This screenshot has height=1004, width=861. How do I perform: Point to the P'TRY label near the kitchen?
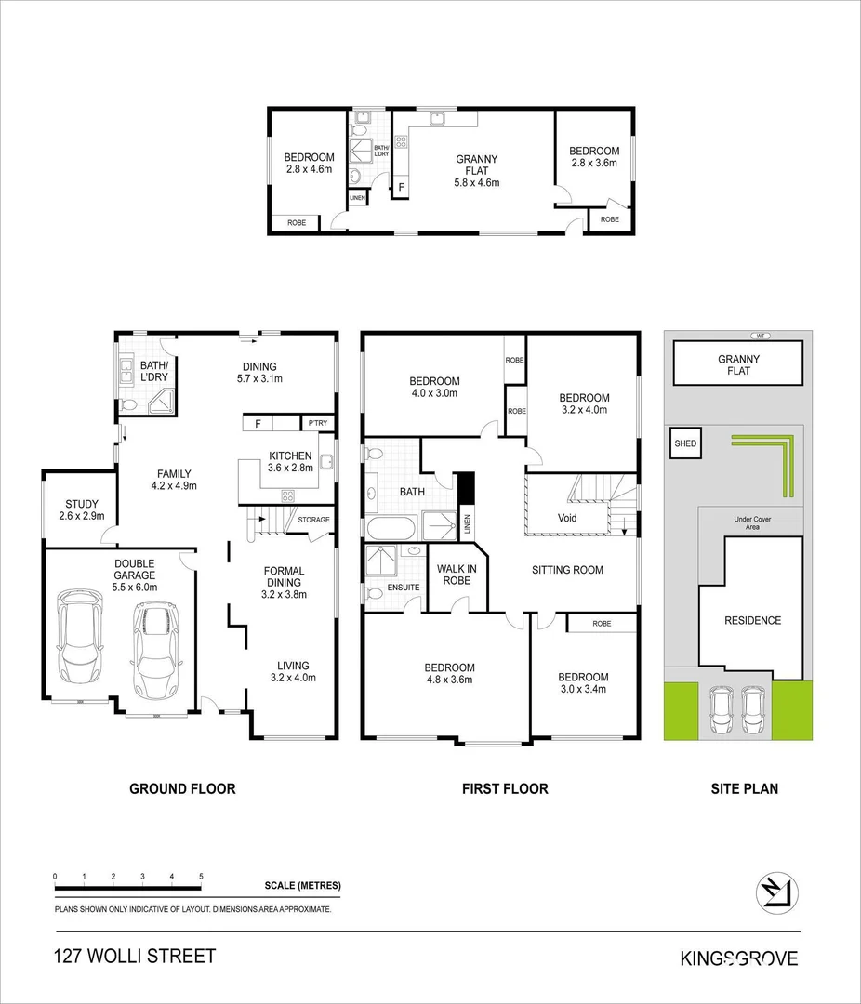point(317,424)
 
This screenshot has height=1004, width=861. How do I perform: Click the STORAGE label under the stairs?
point(313,520)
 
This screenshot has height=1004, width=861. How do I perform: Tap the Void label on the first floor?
point(567,518)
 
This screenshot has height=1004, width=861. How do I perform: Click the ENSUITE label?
point(404,588)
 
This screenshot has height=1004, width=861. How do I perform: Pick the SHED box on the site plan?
point(684,443)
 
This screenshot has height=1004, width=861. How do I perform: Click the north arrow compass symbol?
point(775,890)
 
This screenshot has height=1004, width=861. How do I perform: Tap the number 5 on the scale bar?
point(201,877)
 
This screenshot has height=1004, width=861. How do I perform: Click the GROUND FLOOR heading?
point(182,788)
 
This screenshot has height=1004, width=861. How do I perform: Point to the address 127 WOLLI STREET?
point(135,957)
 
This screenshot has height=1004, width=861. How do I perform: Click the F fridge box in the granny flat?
point(401,187)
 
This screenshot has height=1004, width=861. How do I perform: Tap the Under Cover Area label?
point(753,523)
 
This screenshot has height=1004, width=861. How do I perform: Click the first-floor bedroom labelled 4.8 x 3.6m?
point(449,673)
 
